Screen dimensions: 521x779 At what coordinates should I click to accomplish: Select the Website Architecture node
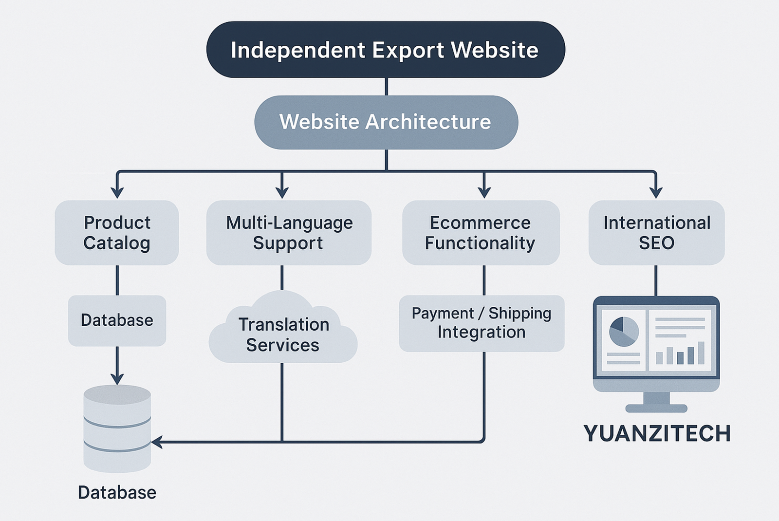point(386,122)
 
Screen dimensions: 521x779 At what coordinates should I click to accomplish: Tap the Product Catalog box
point(117,233)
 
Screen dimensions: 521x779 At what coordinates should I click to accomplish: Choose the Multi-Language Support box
point(289,233)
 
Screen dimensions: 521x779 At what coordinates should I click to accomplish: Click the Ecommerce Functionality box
point(481,233)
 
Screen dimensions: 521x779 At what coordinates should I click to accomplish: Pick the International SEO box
point(656,233)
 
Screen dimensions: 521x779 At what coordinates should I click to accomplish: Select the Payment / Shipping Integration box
point(482,323)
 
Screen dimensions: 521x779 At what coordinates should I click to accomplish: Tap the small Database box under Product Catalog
point(117,320)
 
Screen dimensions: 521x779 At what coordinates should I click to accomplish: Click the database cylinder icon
point(117,428)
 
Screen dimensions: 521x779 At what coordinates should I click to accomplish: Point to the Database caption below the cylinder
point(117,493)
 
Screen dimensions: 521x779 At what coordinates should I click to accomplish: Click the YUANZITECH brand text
point(657,433)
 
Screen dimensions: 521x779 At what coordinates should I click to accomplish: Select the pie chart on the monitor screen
point(624,332)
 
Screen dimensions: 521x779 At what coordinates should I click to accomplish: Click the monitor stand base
point(656,408)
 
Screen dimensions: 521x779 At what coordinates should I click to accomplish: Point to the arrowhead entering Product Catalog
point(117,192)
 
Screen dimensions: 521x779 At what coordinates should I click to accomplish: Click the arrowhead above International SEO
point(656,192)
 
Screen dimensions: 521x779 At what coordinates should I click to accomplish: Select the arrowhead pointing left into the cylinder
point(157,442)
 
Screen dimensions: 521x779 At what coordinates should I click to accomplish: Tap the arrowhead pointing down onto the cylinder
point(117,379)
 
